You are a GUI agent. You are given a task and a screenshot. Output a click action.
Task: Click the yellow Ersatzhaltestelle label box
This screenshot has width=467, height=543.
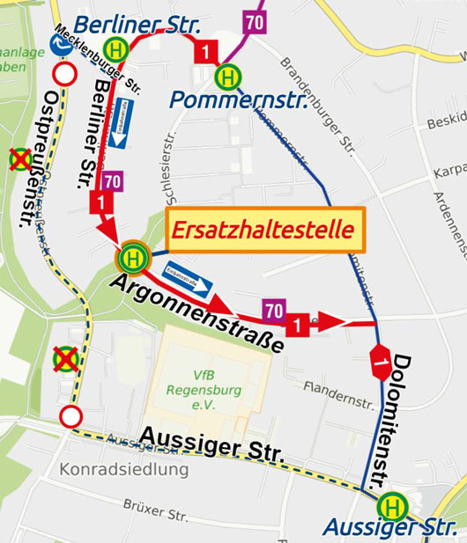click(264, 231)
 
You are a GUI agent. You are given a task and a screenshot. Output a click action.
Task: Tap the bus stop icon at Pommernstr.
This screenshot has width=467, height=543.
click(228, 77)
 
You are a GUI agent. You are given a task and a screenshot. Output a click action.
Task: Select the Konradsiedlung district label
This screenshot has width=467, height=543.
click(124, 469)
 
